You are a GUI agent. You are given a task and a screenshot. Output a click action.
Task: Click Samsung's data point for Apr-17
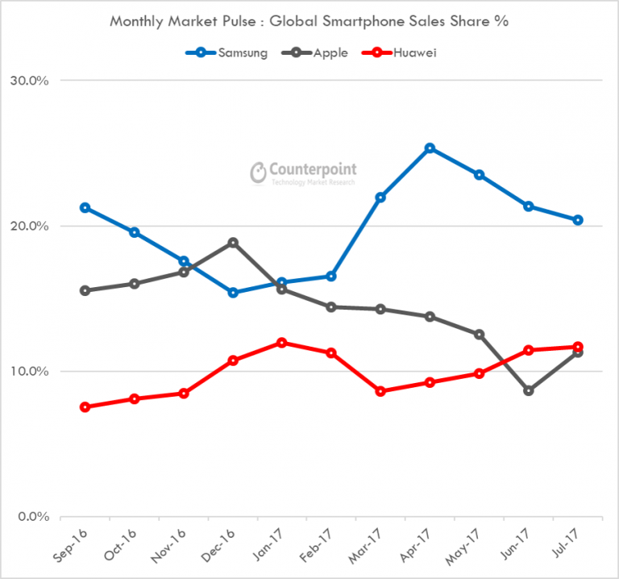pos(430,148)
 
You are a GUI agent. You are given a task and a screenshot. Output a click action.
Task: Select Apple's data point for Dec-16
pos(233,243)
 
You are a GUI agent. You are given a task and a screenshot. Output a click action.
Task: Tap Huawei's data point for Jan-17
pos(282,343)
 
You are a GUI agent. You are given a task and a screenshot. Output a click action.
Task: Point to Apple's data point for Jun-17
pos(529,390)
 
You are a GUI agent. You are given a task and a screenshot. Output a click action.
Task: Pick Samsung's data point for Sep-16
pos(85,208)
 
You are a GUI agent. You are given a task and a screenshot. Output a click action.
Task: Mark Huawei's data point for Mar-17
pos(380,391)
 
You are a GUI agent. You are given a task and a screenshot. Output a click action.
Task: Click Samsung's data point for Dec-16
pos(233,293)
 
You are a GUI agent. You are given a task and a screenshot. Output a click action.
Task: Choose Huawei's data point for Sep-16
pos(85,407)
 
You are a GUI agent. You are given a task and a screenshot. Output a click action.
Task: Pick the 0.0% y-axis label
pos(34,517)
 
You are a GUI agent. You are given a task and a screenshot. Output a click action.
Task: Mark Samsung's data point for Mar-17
pos(380,197)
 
